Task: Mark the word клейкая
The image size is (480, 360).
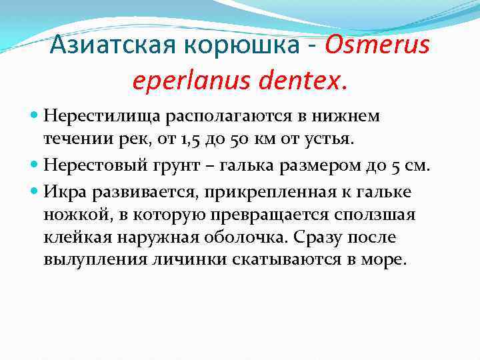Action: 73,237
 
